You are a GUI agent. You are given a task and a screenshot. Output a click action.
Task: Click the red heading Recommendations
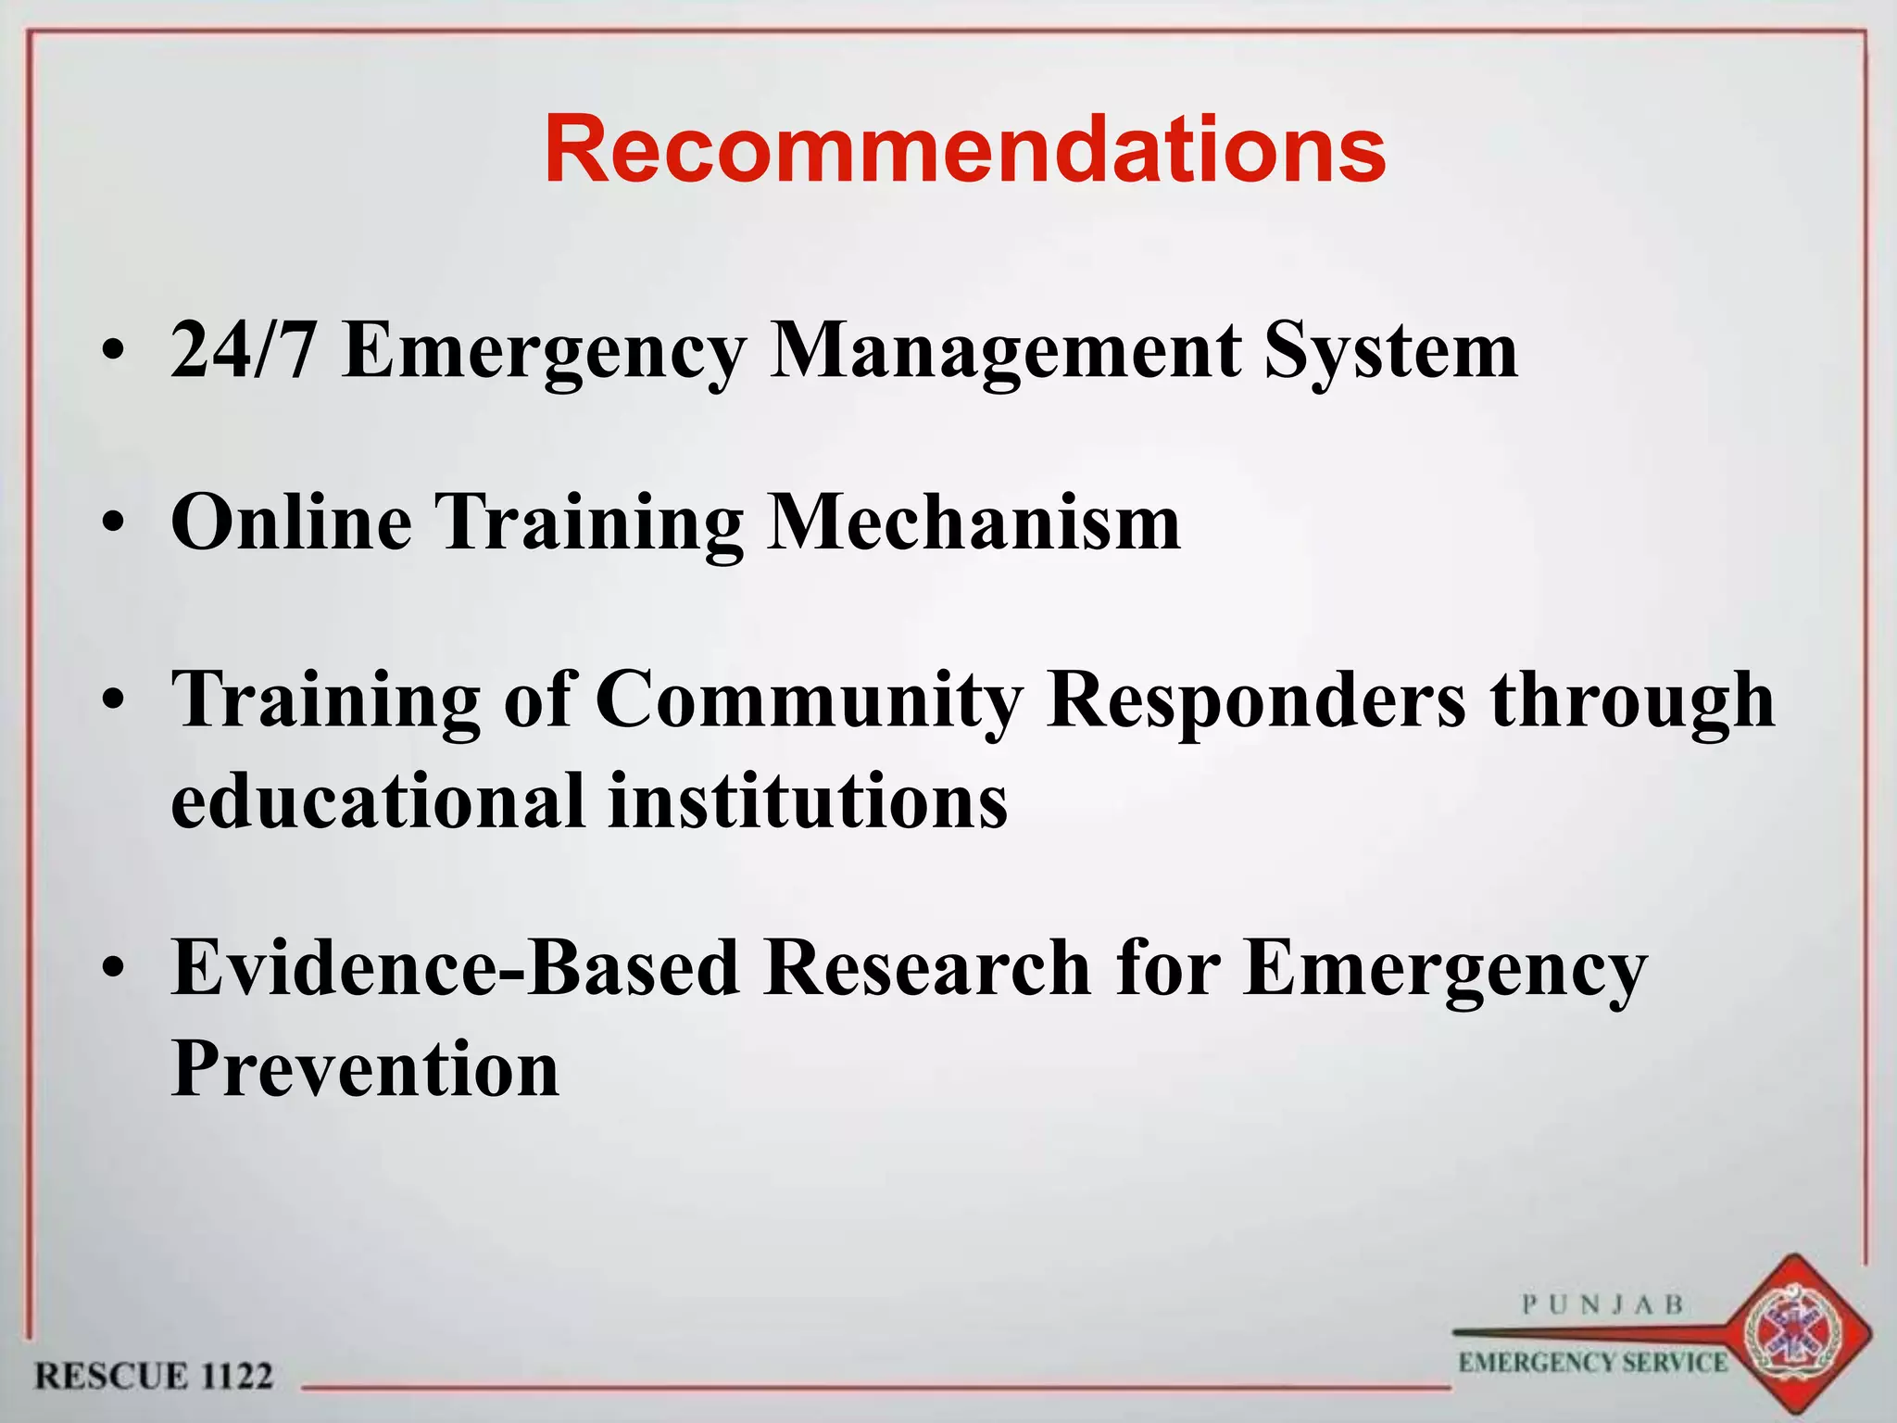coord(964,150)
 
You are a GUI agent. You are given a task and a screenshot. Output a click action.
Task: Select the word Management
coord(1005,351)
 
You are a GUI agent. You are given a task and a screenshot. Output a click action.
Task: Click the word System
coord(1390,351)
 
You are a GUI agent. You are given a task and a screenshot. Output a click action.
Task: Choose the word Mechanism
coord(974,522)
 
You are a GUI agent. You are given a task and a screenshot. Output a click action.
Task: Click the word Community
coord(809,699)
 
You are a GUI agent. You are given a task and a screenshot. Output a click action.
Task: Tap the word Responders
coord(1255,699)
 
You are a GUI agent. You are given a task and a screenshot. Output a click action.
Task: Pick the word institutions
coord(808,800)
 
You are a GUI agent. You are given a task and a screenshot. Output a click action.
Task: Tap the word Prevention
coord(365,1068)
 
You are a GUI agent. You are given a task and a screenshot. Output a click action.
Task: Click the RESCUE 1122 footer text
coord(154,1376)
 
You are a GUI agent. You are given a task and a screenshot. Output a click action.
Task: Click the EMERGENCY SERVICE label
coord(1592,1362)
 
